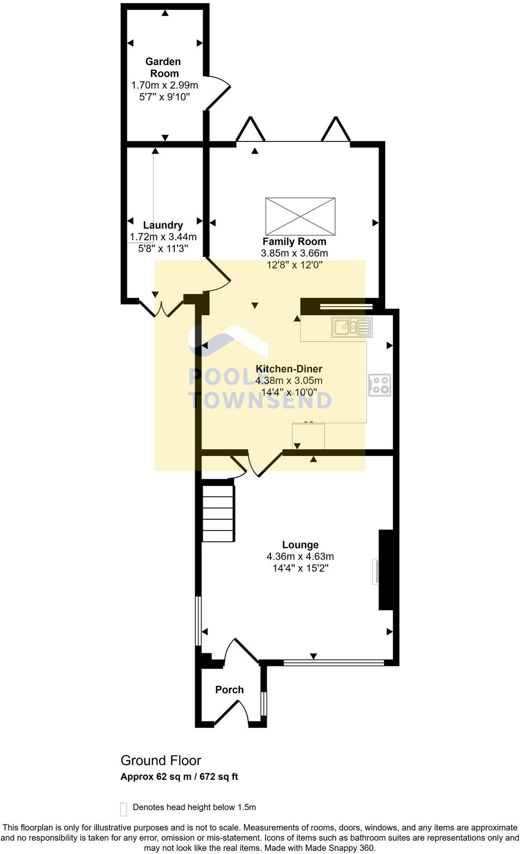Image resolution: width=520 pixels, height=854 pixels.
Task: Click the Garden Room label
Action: (x=163, y=67)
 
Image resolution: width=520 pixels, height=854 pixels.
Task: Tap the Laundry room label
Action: (x=163, y=225)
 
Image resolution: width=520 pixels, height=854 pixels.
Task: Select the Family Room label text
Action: (x=294, y=241)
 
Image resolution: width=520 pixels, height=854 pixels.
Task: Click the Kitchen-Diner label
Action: (x=289, y=369)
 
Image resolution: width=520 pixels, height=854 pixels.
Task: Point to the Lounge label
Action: (x=300, y=545)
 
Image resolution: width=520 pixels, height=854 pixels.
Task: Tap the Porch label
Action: (x=229, y=690)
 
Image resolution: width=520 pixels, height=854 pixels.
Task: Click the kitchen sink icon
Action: (x=352, y=327)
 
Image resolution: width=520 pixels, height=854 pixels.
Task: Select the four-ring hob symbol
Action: (x=380, y=385)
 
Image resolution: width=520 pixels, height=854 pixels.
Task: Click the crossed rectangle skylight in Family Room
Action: (x=300, y=217)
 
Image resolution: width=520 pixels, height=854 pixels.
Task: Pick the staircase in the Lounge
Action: (x=218, y=513)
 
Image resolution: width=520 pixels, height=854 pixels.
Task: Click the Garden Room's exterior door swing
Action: (x=218, y=93)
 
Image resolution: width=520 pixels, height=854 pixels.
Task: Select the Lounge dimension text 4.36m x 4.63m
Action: (x=300, y=557)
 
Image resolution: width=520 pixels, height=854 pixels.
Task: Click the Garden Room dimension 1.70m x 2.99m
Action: (x=165, y=85)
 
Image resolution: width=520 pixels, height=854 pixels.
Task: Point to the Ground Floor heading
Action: (x=161, y=760)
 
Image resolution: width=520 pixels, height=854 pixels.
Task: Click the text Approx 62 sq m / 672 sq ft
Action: (x=179, y=777)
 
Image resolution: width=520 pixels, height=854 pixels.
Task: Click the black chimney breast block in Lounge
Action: (x=386, y=570)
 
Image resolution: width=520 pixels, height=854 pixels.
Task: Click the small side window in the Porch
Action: (x=263, y=704)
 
